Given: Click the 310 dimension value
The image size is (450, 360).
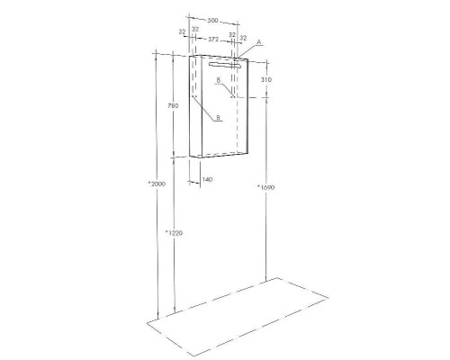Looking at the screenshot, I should (266, 80).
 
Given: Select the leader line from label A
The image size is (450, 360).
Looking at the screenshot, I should (248, 50).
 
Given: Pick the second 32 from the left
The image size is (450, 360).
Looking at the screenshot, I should (195, 32).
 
